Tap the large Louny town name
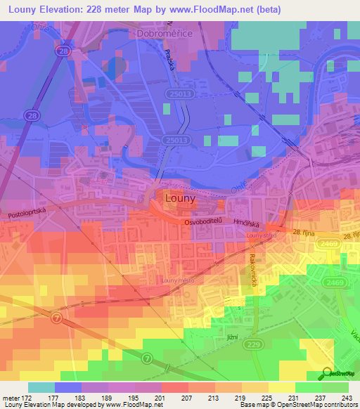[x=179, y=199]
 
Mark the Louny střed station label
[x=261, y=236]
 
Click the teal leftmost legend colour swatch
[x=41, y=387]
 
